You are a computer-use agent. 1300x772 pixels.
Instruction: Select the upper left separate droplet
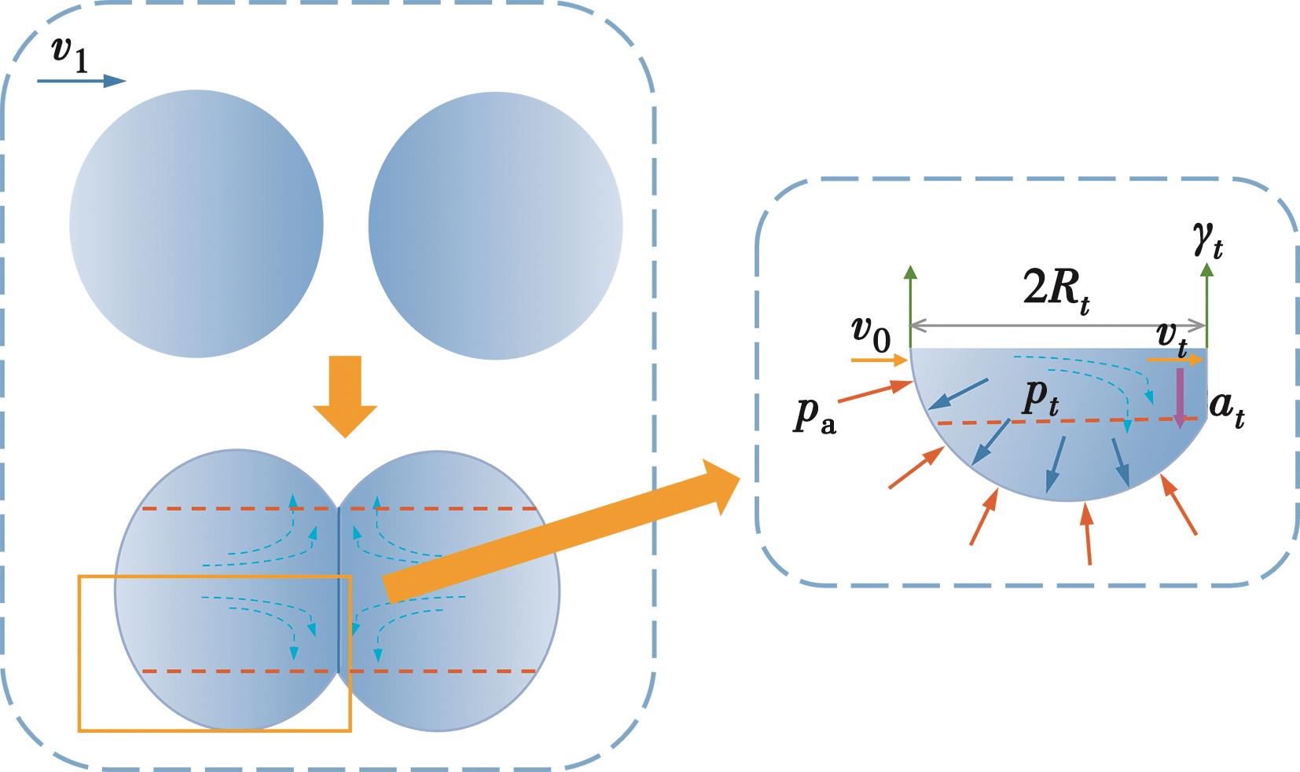tap(196, 226)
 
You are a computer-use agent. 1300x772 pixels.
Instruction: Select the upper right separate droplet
tap(495, 226)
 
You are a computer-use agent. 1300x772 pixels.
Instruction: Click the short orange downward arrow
tap(345, 393)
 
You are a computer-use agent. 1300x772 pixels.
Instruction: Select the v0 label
tap(870, 335)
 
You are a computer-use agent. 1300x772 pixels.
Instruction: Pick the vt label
tap(1170, 336)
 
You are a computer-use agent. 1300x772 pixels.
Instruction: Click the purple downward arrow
tap(1180, 397)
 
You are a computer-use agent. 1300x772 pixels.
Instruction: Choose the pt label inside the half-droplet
tap(1039, 401)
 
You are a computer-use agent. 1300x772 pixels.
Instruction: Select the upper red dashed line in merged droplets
tap(236, 509)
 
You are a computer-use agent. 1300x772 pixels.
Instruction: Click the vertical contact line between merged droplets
tap(339, 589)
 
